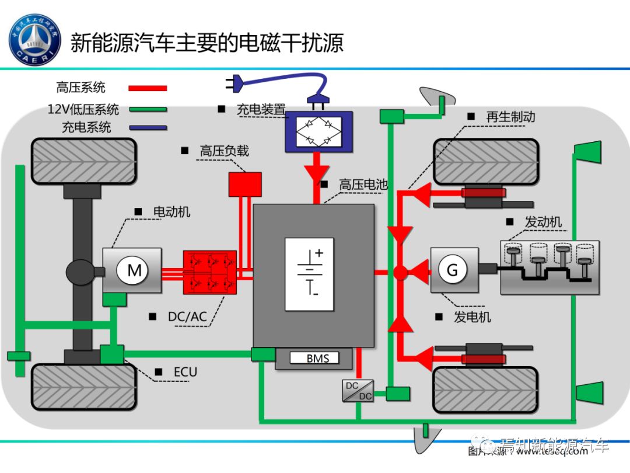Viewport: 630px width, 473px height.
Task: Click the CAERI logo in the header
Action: coord(36,40)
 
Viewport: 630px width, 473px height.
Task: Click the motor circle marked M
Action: coord(135,270)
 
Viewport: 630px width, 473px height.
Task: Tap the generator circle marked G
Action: coord(452,270)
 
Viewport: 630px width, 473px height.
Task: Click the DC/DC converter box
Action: coord(357,391)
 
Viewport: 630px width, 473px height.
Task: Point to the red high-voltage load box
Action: coord(244,184)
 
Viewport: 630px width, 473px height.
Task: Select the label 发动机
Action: coord(542,222)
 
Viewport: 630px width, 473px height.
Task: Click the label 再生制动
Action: coord(510,117)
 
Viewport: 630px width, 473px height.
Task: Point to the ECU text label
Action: coord(185,372)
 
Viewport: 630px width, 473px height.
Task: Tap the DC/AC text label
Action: coord(187,317)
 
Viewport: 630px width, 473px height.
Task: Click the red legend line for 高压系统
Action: coord(148,88)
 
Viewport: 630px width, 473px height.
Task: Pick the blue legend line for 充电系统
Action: coord(148,127)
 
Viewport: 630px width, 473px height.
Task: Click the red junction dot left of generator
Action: coord(400,272)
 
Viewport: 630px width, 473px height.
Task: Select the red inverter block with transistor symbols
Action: coord(210,272)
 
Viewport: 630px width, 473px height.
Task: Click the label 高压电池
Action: coord(363,185)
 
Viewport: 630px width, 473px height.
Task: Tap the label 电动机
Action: coord(171,212)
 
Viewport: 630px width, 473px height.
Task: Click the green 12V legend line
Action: coord(148,109)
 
